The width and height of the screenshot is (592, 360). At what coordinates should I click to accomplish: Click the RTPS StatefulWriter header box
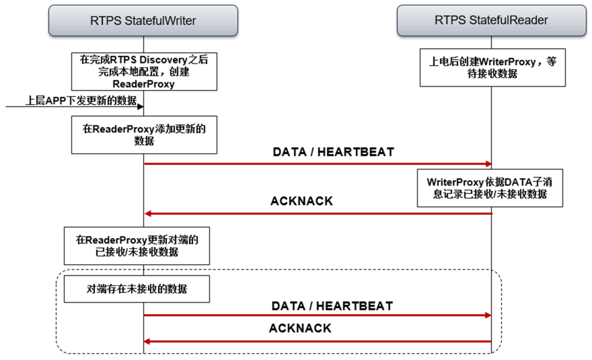[143, 21]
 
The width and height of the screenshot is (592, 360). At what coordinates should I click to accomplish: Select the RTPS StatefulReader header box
[491, 21]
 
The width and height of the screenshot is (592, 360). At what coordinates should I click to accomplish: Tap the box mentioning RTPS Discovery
[144, 71]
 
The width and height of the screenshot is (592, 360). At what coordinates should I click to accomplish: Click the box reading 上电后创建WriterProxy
[492, 67]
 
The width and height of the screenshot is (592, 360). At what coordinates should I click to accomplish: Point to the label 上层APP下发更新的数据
[81, 100]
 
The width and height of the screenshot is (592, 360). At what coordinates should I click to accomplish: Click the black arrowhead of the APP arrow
[140, 106]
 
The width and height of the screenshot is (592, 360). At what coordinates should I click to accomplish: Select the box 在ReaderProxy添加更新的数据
[144, 135]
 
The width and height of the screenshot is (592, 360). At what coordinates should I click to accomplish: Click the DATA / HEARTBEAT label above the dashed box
[333, 152]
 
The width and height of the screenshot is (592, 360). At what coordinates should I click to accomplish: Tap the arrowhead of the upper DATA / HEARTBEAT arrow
[488, 164]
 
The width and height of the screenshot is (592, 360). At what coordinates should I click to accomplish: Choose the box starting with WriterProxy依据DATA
[489, 187]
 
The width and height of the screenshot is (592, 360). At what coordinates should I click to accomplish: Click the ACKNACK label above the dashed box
[301, 201]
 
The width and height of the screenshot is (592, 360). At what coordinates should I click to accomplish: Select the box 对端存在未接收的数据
[136, 289]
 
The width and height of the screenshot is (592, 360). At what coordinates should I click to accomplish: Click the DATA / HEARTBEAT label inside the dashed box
[332, 306]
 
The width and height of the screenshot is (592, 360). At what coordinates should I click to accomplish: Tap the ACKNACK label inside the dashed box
[300, 328]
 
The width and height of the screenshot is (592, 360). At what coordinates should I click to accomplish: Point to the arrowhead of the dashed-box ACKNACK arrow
[147, 341]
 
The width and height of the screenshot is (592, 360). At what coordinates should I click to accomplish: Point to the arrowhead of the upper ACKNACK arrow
[147, 213]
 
